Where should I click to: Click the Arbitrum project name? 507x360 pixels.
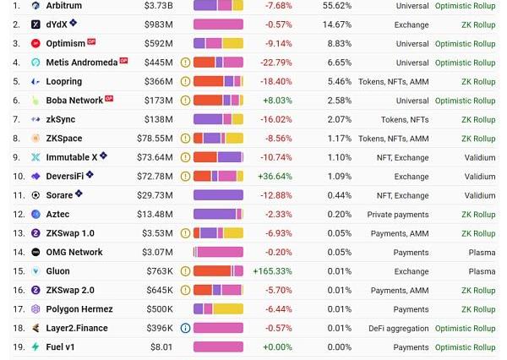(x=64, y=6)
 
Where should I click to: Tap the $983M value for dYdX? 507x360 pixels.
(x=159, y=25)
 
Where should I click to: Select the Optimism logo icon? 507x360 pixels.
(x=35, y=43)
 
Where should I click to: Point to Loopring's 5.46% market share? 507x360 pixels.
(x=339, y=81)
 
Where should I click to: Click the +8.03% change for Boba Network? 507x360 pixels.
(x=276, y=101)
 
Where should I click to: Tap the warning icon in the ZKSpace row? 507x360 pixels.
(x=185, y=139)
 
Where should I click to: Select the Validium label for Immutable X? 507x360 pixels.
(x=480, y=157)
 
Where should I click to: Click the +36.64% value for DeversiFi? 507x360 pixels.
(x=274, y=176)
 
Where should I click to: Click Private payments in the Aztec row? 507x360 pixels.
(x=397, y=214)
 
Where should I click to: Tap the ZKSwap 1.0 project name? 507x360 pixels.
(x=70, y=233)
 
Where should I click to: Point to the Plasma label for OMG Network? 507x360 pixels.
(x=482, y=252)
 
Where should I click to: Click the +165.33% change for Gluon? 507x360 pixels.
(x=272, y=271)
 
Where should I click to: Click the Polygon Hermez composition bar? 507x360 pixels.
(x=218, y=309)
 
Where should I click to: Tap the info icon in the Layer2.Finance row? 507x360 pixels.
(x=185, y=328)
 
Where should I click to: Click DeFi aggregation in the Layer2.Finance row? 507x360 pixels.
(x=398, y=328)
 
